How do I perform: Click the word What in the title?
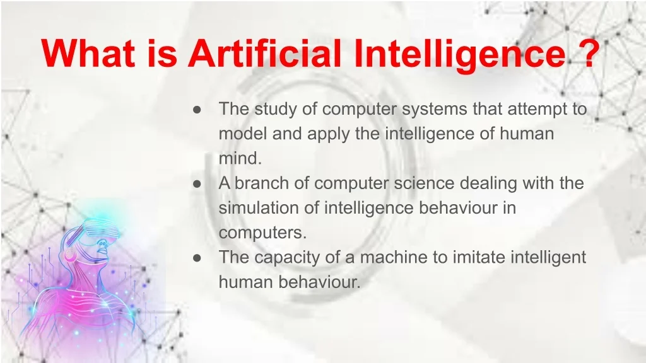88,53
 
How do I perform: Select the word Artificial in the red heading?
264,53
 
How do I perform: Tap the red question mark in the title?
585,53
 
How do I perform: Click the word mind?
240,158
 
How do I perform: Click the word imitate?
479,257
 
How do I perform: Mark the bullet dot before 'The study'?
197,110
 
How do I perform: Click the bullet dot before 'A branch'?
197,184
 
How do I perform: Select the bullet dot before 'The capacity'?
197,258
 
